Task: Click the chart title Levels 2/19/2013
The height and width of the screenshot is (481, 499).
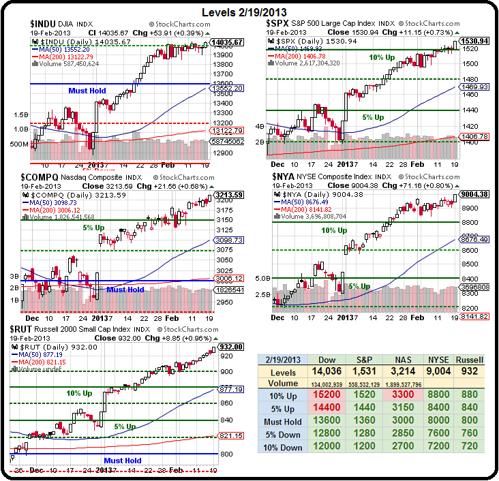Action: tap(249, 12)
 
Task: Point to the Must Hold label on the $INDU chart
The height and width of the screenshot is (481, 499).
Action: tap(87, 90)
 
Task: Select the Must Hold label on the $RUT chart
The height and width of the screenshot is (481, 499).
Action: tap(123, 461)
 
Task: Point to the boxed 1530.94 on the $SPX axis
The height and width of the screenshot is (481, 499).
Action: tap(473, 41)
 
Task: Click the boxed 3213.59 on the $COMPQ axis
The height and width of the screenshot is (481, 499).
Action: tap(228, 195)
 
